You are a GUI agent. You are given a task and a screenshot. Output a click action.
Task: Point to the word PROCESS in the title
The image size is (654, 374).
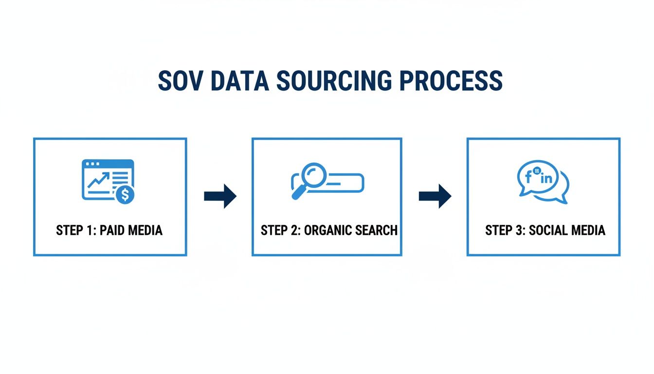451,81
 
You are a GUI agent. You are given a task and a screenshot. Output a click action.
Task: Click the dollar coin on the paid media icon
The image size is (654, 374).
126,195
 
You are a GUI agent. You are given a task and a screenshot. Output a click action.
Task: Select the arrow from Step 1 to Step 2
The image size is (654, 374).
220,196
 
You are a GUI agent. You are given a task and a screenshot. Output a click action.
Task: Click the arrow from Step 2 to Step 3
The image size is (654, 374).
435,196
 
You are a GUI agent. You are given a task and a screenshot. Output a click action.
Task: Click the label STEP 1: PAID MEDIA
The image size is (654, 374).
109,230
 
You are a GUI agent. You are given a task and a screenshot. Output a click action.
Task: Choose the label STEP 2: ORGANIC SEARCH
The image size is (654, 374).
329,230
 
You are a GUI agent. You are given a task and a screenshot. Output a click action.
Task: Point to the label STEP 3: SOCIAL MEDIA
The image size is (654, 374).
545,230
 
